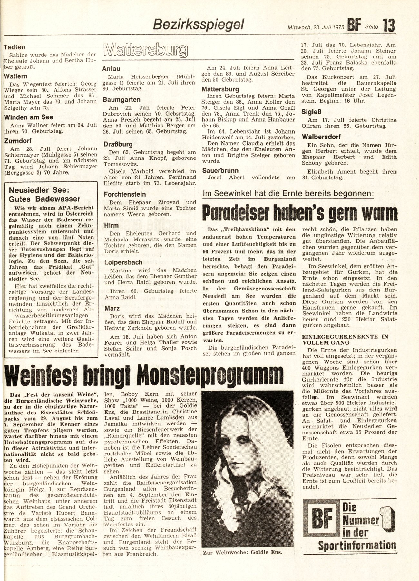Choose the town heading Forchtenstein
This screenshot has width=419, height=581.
tap(125, 194)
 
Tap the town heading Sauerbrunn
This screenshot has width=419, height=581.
tap(220, 170)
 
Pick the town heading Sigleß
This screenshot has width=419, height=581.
tap(310, 112)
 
